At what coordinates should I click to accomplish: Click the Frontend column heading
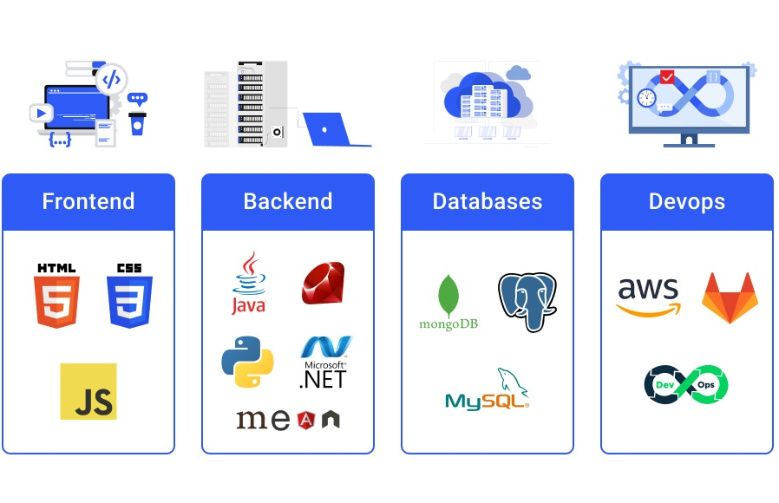pyautogui.click(x=88, y=202)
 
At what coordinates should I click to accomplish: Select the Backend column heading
pyautogui.click(x=288, y=202)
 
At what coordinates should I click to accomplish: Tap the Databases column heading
pyautogui.click(x=488, y=202)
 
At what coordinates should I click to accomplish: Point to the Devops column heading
pyautogui.click(x=687, y=202)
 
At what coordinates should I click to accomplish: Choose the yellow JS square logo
pyautogui.click(x=88, y=391)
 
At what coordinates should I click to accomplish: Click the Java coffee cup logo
pyautogui.click(x=249, y=283)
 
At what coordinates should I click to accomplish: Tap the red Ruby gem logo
pyautogui.click(x=324, y=284)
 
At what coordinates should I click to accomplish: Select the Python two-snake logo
pyautogui.click(x=248, y=361)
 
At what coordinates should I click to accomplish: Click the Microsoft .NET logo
pyautogui.click(x=325, y=362)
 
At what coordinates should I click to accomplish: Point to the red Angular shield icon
pyautogui.click(x=305, y=421)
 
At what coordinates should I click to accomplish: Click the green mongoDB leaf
pyautogui.click(x=448, y=296)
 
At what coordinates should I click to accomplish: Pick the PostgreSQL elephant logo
pyautogui.click(x=527, y=301)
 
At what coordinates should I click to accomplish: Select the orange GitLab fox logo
pyautogui.click(x=730, y=297)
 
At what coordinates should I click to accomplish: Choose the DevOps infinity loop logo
pyautogui.click(x=686, y=384)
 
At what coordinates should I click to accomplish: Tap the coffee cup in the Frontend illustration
pyautogui.click(x=137, y=122)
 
